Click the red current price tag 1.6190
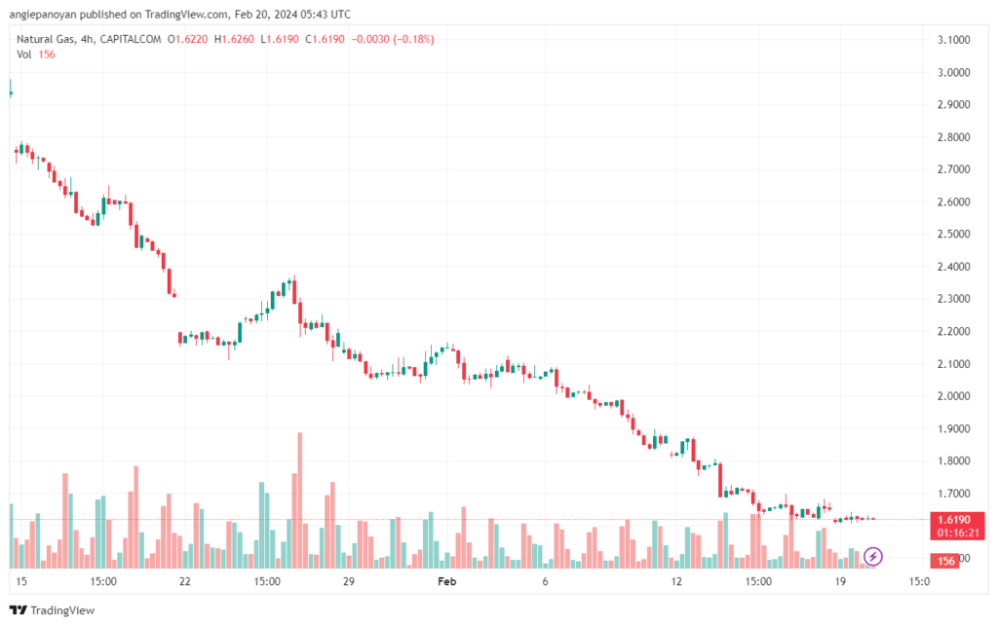click(x=959, y=520)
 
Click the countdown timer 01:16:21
click(x=959, y=533)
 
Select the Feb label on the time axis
click(x=446, y=581)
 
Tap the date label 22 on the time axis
click(x=184, y=581)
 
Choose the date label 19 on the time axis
click(x=839, y=581)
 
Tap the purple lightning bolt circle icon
click(x=874, y=556)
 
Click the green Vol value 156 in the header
click(x=46, y=55)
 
